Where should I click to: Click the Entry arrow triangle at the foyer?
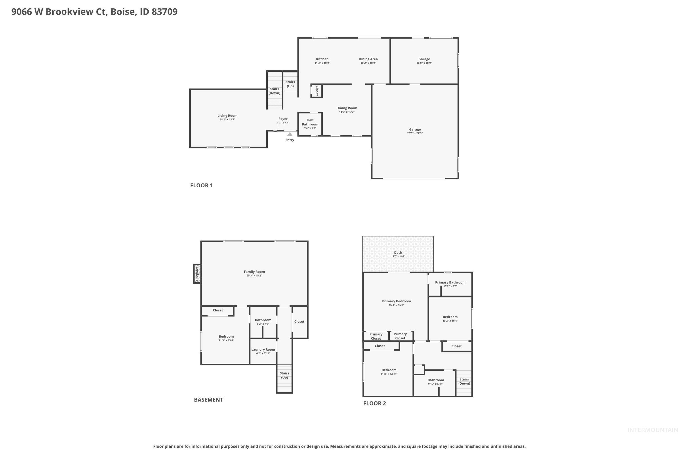tap(290, 134)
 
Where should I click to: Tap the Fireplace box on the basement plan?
tap(197, 274)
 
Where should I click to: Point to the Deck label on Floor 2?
tap(398, 253)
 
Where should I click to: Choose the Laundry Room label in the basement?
tap(263, 349)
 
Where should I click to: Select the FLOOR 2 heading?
tap(374, 403)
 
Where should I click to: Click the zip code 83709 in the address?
tap(164, 12)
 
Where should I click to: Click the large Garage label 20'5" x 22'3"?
tap(415, 131)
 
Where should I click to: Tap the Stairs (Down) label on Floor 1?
tap(274, 91)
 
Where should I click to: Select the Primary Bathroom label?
tap(450, 282)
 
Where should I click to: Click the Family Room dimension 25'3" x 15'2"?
tap(254, 276)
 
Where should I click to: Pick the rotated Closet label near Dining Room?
tap(317, 91)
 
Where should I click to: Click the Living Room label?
tap(227, 115)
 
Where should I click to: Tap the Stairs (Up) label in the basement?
tap(284, 375)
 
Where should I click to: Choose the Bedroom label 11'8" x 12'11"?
tap(389, 370)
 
